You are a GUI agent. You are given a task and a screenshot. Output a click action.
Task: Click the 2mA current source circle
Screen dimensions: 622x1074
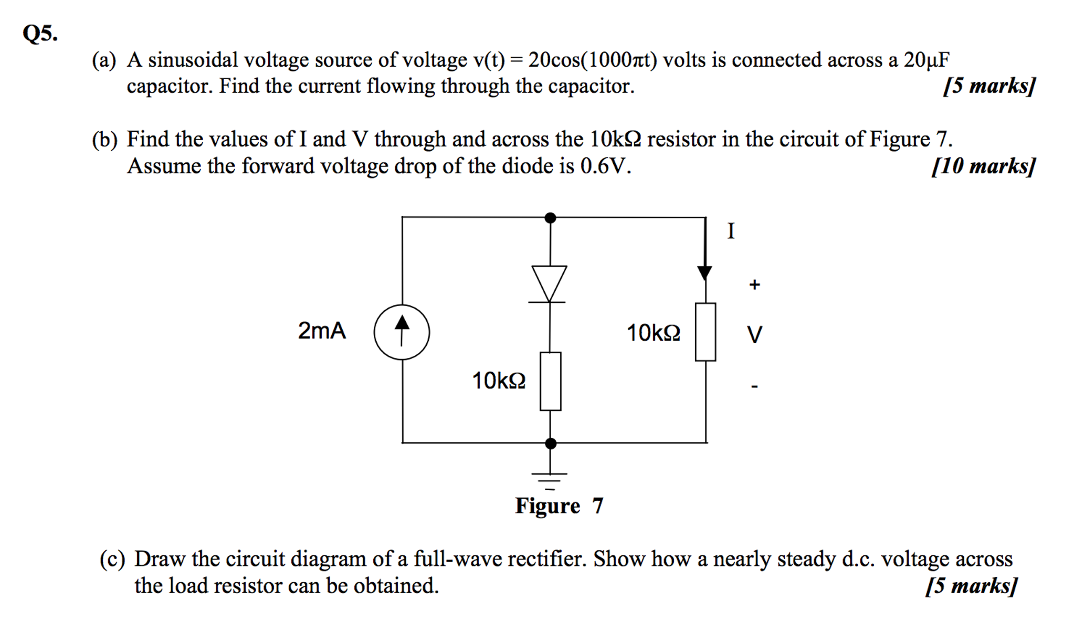pyautogui.click(x=402, y=332)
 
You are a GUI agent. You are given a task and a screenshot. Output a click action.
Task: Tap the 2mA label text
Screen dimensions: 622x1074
pyautogui.click(x=322, y=331)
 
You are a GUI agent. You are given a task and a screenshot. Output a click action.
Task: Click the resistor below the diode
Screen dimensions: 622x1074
pyautogui.click(x=550, y=381)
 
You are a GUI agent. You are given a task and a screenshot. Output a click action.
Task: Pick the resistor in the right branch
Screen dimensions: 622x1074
pyautogui.click(x=705, y=332)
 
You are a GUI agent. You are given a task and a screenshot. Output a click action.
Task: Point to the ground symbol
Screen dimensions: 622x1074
pyautogui.click(x=550, y=479)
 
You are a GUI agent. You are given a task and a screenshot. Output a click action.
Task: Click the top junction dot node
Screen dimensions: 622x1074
pyautogui.click(x=550, y=217)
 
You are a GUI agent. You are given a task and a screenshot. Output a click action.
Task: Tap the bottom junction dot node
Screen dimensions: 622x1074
pyautogui.click(x=550, y=444)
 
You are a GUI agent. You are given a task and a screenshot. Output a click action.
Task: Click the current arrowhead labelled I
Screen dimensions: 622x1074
pyautogui.click(x=704, y=272)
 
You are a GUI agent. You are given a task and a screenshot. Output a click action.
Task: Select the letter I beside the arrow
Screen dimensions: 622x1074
pyautogui.click(x=731, y=231)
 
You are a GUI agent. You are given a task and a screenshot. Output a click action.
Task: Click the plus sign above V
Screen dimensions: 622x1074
pyautogui.click(x=754, y=284)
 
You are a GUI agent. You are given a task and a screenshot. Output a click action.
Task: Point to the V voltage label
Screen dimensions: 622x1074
pyautogui.click(x=754, y=334)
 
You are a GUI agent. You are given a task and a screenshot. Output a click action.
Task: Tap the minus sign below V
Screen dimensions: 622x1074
pyautogui.click(x=754, y=387)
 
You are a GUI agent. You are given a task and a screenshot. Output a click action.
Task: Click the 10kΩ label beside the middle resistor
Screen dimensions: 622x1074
pyautogui.click(x=499, y=381)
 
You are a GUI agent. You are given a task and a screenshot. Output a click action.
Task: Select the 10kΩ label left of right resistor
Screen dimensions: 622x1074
pyautogui.click(x=654, y=333)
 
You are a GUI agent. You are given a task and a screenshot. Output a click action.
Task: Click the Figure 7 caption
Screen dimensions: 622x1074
pyautogui.click(x=559, y=505)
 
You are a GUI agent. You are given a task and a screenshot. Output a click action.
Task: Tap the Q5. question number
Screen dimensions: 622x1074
pyautogui.click(x=40, y=34)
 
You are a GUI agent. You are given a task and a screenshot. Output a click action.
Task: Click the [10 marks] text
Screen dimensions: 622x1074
pyautogui.click(x=983, y=166)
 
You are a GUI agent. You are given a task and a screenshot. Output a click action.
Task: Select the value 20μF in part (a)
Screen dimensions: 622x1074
pyautogui.click(x=926, y=60)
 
